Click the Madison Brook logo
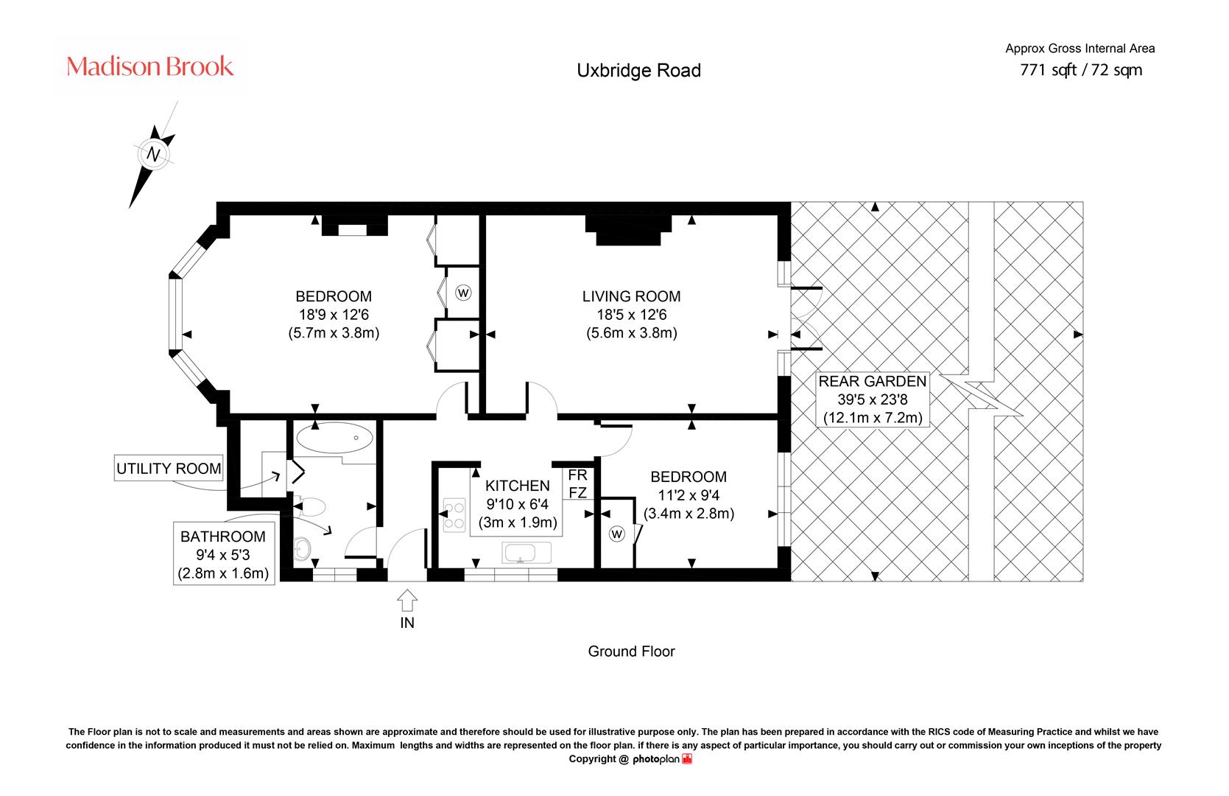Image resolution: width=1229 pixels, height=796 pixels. point(149,66)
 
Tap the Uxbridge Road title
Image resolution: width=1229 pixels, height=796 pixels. point(638,70)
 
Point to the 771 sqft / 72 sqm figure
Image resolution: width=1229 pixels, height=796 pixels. point(1081,70)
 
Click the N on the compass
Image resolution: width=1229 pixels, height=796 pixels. point(154,154)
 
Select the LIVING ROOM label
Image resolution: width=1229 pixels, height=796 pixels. point(632,296)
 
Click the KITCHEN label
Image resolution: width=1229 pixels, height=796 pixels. point(518,486)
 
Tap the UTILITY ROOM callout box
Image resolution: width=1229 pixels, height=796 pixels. point(169,468)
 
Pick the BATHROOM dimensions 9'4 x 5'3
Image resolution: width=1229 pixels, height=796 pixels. point(223,555)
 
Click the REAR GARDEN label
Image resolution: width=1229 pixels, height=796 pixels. point(873,381)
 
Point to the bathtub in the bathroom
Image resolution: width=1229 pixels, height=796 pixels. point(335,438)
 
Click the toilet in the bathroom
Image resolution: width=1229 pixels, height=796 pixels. point(310,506)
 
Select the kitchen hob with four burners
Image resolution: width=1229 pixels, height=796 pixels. point(454,514)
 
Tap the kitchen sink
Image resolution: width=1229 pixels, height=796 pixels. point(527,553)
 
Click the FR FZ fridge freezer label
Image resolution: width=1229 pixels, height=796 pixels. point(578,483)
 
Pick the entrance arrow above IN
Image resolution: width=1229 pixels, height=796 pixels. point(406,601)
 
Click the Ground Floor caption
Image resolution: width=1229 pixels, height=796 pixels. point(631,651)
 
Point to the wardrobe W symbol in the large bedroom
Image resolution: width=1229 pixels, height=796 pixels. point(463,293)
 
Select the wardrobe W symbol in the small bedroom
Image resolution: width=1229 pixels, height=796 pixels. point(616,534)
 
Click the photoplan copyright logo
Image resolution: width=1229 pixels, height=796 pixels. point(662,758)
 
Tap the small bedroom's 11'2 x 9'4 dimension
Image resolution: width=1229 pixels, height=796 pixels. point(689,495)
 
